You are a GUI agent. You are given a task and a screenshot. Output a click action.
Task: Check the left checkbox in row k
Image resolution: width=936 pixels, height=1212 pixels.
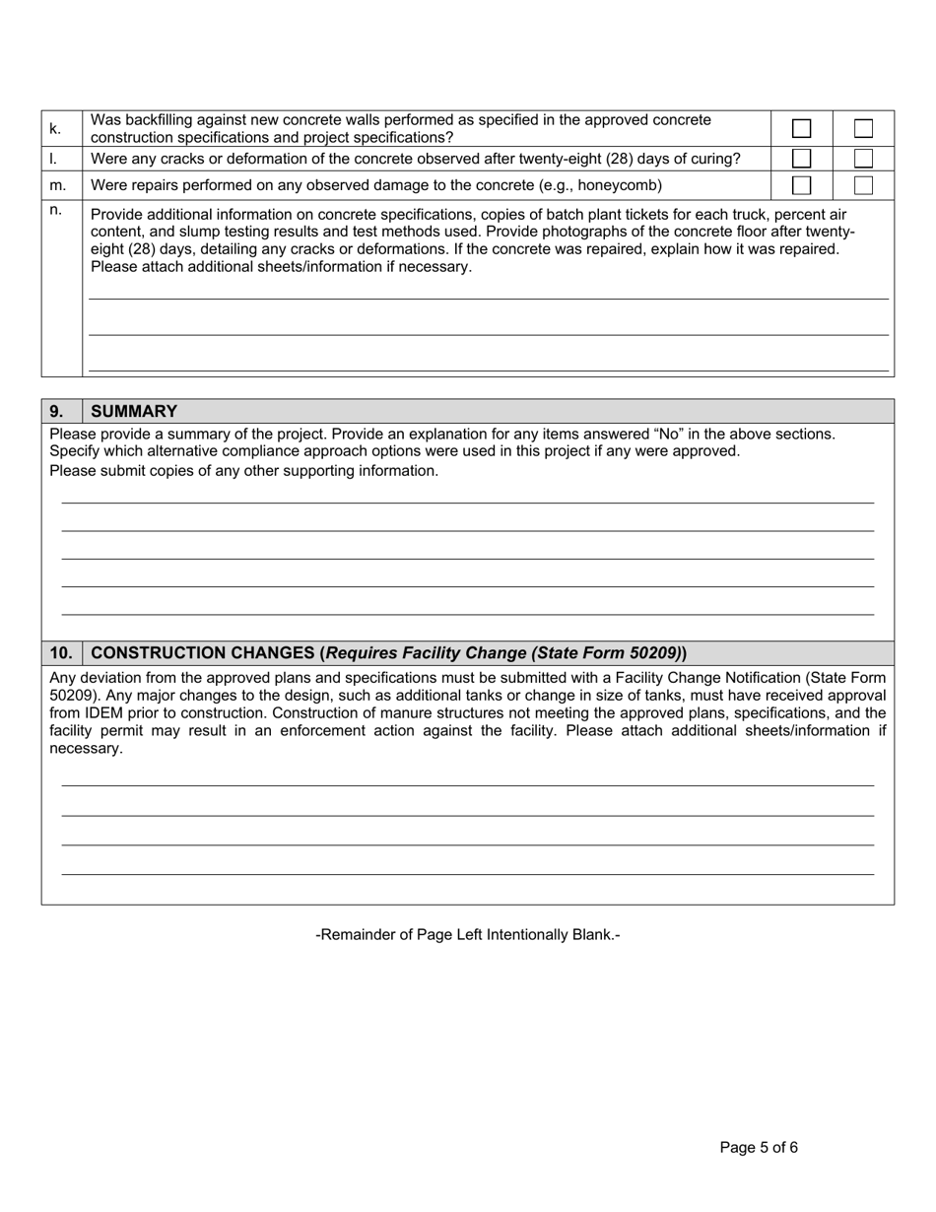pyautogui.click(x=802, y=128)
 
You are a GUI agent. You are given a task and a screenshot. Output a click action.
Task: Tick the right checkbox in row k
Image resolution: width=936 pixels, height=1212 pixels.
pyautogui.click(x=863, y=128)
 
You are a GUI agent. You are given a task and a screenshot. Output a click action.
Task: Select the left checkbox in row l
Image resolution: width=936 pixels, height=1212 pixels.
pyautogui.click(x=802, y=159)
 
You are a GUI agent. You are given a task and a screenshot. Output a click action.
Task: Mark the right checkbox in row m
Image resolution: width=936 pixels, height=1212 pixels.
pyautogui.click(x=863, y=185)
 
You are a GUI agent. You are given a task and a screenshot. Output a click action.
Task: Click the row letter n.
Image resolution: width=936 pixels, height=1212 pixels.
pyautogui.click(x=56, y=210)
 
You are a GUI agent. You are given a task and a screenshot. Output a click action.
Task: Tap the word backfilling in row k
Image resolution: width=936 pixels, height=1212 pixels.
pyautogui.click(x=166, y=120)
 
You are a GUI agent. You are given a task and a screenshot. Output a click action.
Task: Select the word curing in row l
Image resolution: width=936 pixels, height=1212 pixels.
pyautogui.click(x=716, y=159)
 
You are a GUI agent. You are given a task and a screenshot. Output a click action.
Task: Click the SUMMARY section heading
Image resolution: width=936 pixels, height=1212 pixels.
pyautogui.click(x=134, y=412)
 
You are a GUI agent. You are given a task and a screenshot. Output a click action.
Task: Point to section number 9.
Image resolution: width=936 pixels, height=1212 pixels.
pyautogui.click(x=56, y=412)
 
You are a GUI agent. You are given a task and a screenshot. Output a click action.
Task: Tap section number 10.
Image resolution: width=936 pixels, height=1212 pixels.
pyautogui.click(x=61, y=653)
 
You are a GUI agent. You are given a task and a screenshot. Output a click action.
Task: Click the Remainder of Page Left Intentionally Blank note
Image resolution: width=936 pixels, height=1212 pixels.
pyautogui.click(x=468, y=934)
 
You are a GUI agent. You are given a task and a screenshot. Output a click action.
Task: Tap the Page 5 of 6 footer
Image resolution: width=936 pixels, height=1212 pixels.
pyautogui.click(x=759, y=1147)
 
